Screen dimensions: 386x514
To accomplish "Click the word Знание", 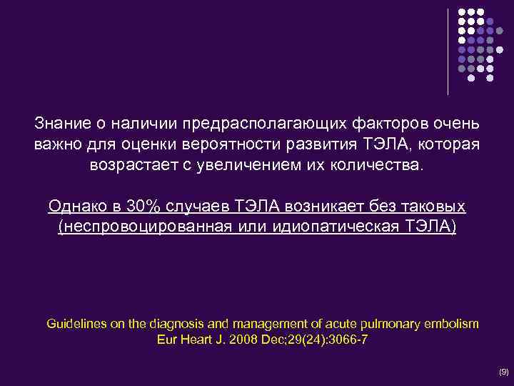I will click(59, 123).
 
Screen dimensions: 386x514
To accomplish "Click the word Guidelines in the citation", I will click(74, 324).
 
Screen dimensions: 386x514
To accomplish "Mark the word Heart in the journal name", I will click(191, 340).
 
